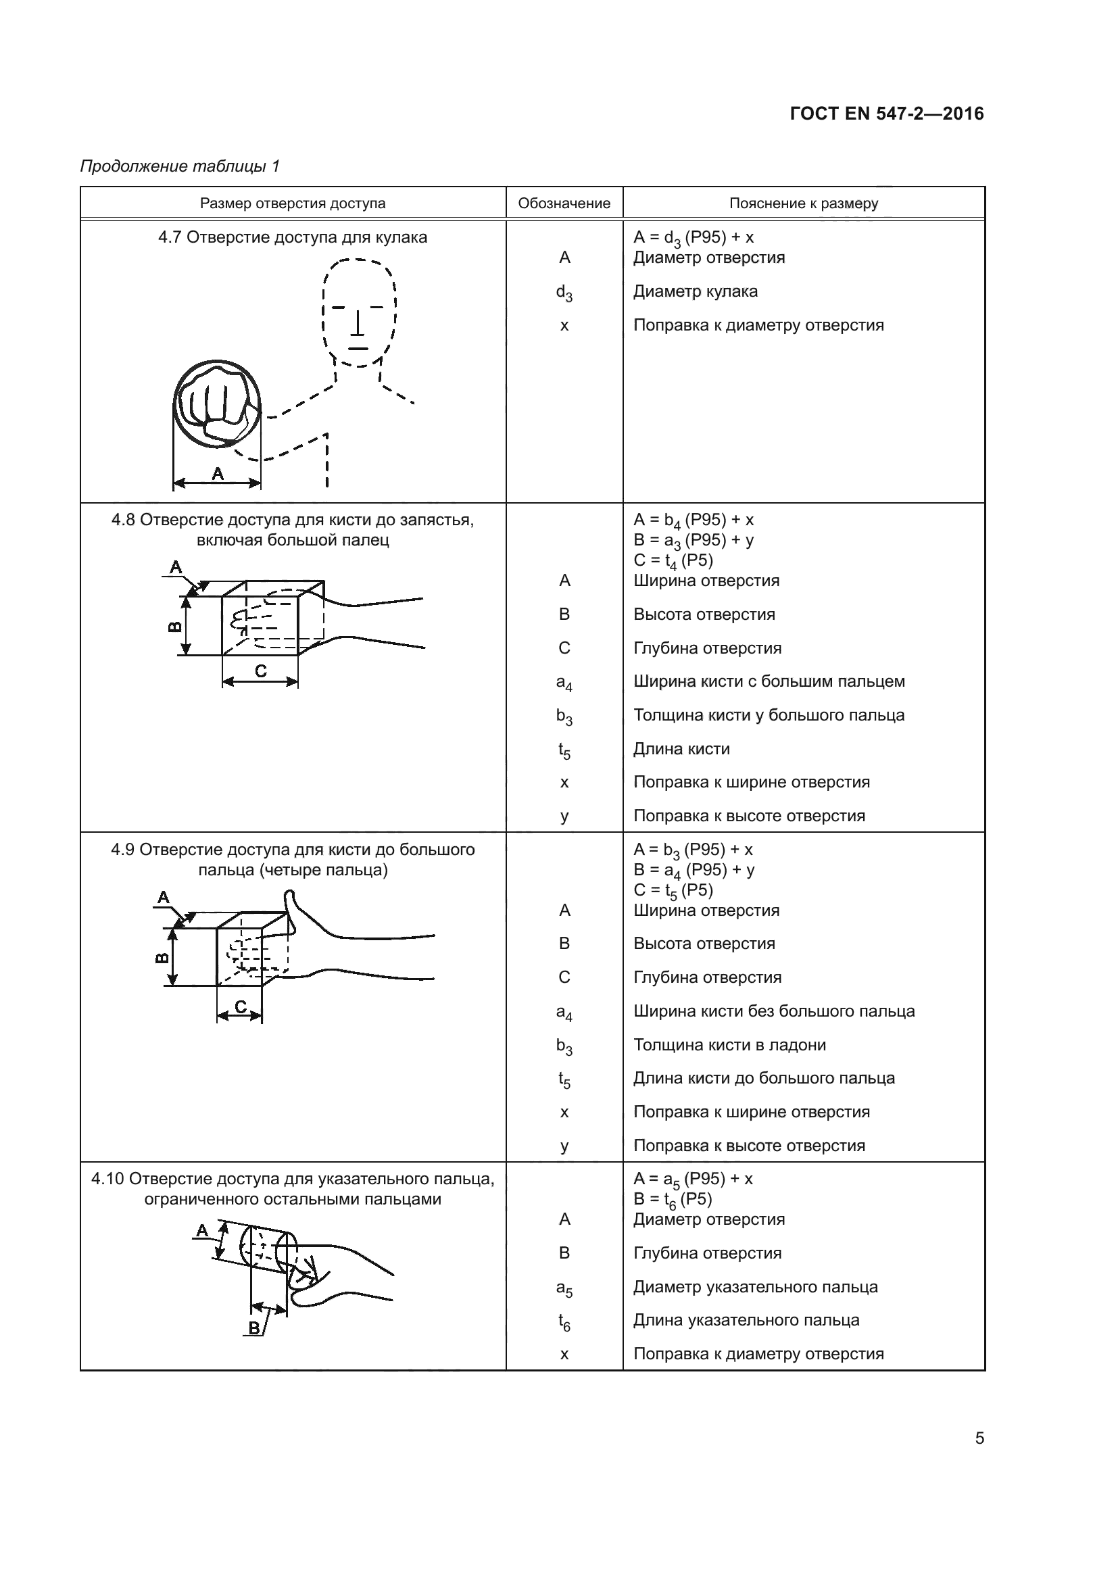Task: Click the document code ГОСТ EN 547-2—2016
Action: (x=886, y=114)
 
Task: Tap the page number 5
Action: (x=979, y=1438)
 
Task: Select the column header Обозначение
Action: (x=564, y=203)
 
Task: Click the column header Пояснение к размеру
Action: (x=804, y=203)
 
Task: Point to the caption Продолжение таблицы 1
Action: (x=180, y=166)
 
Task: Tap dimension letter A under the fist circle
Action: (x=218, y=474)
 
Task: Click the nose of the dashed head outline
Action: (x=358, y=324)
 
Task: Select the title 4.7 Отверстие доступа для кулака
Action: (x=293, y=237)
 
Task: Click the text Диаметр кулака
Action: (x=696, y=291)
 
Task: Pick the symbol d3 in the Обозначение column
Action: (x=564, y=293)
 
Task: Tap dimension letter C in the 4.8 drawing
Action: (x=260, y=671)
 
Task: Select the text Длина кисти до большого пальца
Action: (x=763, y=1078)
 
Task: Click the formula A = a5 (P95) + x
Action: (x=693, y=1179)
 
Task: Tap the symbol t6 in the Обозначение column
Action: (x=564, y=1321)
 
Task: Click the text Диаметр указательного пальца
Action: (x=755, y=1287)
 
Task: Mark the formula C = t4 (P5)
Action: (x=673, y=560)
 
